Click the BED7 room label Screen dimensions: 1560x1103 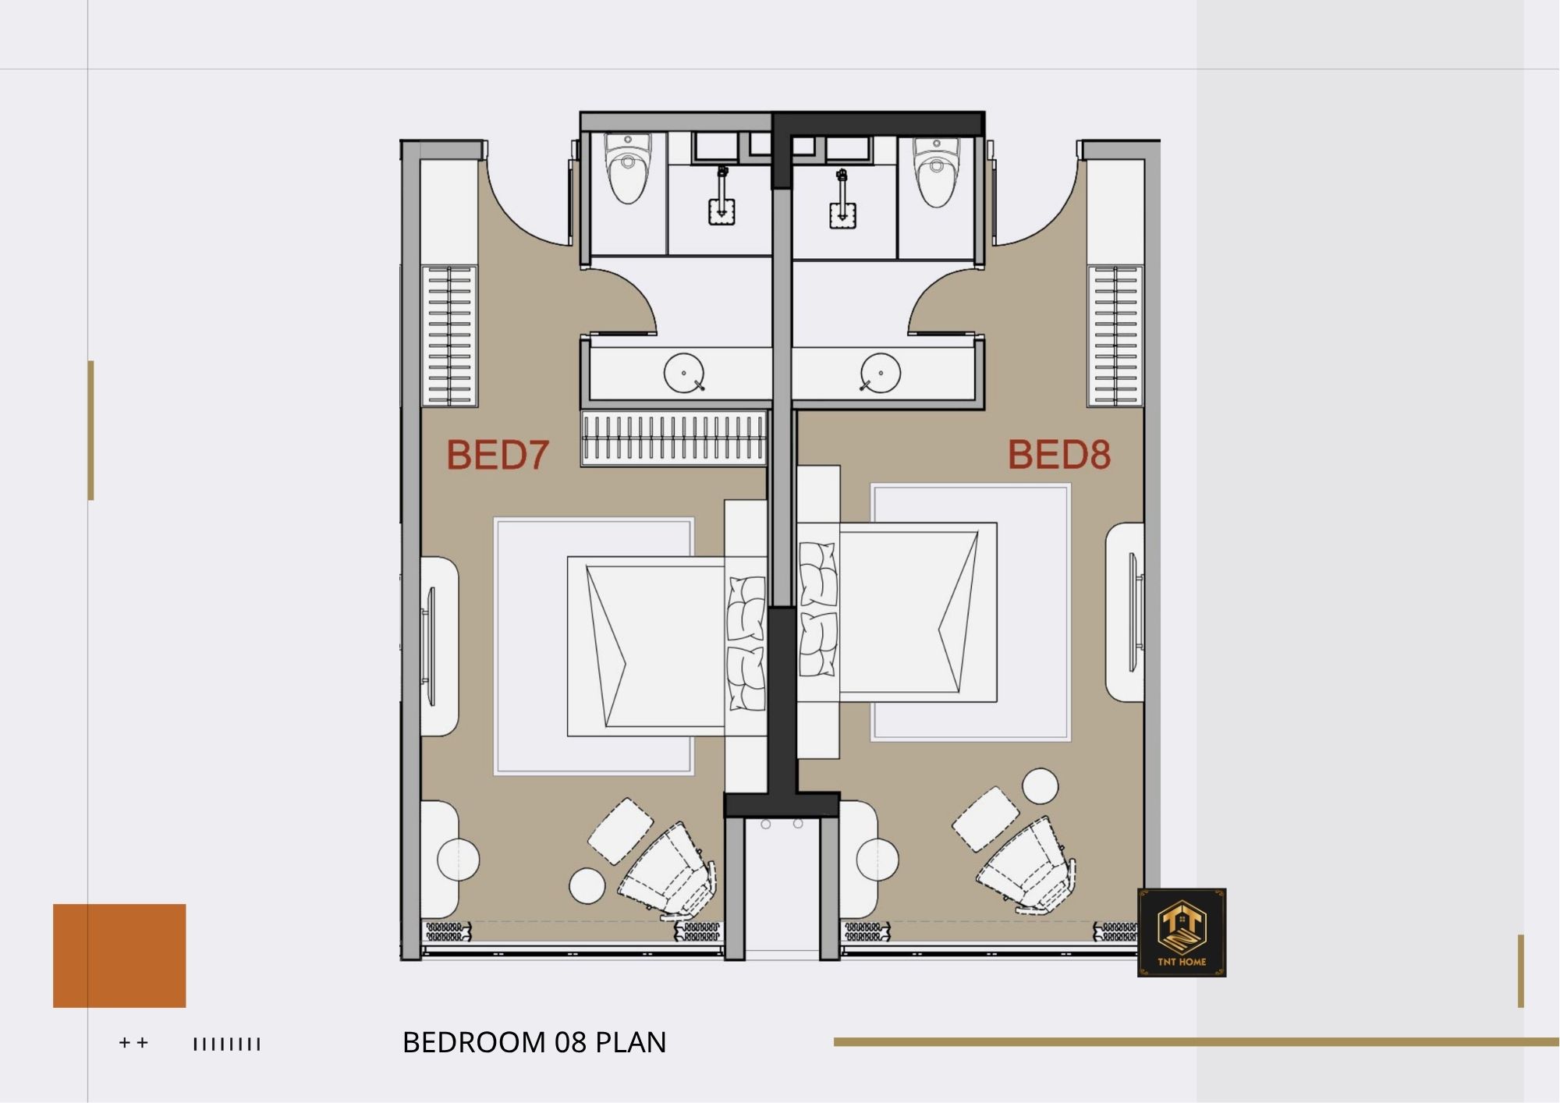tap(498, 455)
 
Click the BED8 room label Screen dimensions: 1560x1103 tap(1059, 454)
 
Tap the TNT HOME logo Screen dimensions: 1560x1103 tap(1182, 932)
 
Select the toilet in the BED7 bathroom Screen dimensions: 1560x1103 tap(628, 168)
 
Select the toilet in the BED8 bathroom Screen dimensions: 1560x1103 tap(936, 172)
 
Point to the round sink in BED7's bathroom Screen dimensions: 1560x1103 tap(684, 373)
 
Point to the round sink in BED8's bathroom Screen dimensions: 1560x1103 tap(880, 373)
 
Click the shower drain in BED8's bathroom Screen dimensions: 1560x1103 tap(842, 215)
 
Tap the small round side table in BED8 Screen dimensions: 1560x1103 tap(1041, 786)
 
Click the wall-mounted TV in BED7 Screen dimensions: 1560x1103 tap(429, 647)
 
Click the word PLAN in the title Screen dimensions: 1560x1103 tap(631, 1043)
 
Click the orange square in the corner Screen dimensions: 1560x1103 tap(119, 956)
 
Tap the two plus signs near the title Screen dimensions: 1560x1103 tap(133, 1043)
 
